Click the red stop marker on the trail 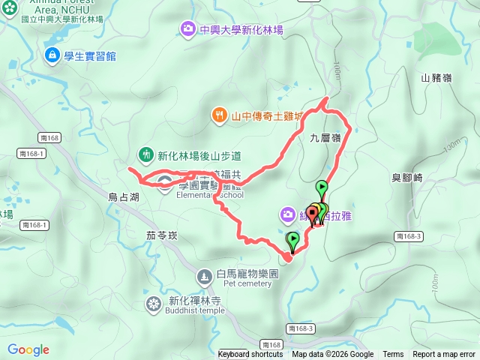[x=312, y=213]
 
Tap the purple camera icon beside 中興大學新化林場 [x=187, y=29]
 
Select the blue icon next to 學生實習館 [x=52, y=55]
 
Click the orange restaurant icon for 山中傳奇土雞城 [x=219, y=115]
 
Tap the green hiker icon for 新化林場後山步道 [x=145, y=155]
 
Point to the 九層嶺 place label [x=325, y=137]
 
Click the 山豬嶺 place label [x=436, y=77]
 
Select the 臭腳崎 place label [x=407, y=178]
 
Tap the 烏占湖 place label [x=124, y=196]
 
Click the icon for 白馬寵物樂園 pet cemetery [x=204, y=277]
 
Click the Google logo [x=28, y=349]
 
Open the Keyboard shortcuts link [x=250, y=355]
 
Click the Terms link [x=393, y=355]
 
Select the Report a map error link [x=444, y=355]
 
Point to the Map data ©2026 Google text [x=332, y=355]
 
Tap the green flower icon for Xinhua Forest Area [x=7, y=10]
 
